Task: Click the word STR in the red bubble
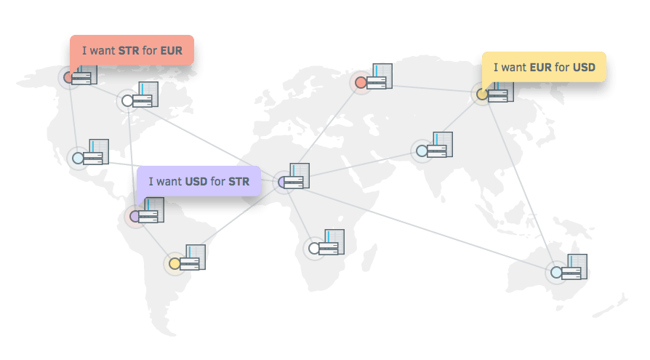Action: [128, 51]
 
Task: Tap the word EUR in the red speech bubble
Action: [172, 51]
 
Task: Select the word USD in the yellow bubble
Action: [584, 68]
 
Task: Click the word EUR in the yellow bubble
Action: [540, 68]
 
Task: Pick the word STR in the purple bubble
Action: [238, 181]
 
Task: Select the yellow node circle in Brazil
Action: [174, 263]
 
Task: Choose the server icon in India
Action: [441, 146]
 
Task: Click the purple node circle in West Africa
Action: [283, 183]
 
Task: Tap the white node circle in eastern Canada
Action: [127, 100]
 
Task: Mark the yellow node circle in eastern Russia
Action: [481, 94]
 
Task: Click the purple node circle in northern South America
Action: [135, 216]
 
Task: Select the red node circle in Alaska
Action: [69, 77]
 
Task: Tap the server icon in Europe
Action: [380, 78]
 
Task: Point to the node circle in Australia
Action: [556, 273]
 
